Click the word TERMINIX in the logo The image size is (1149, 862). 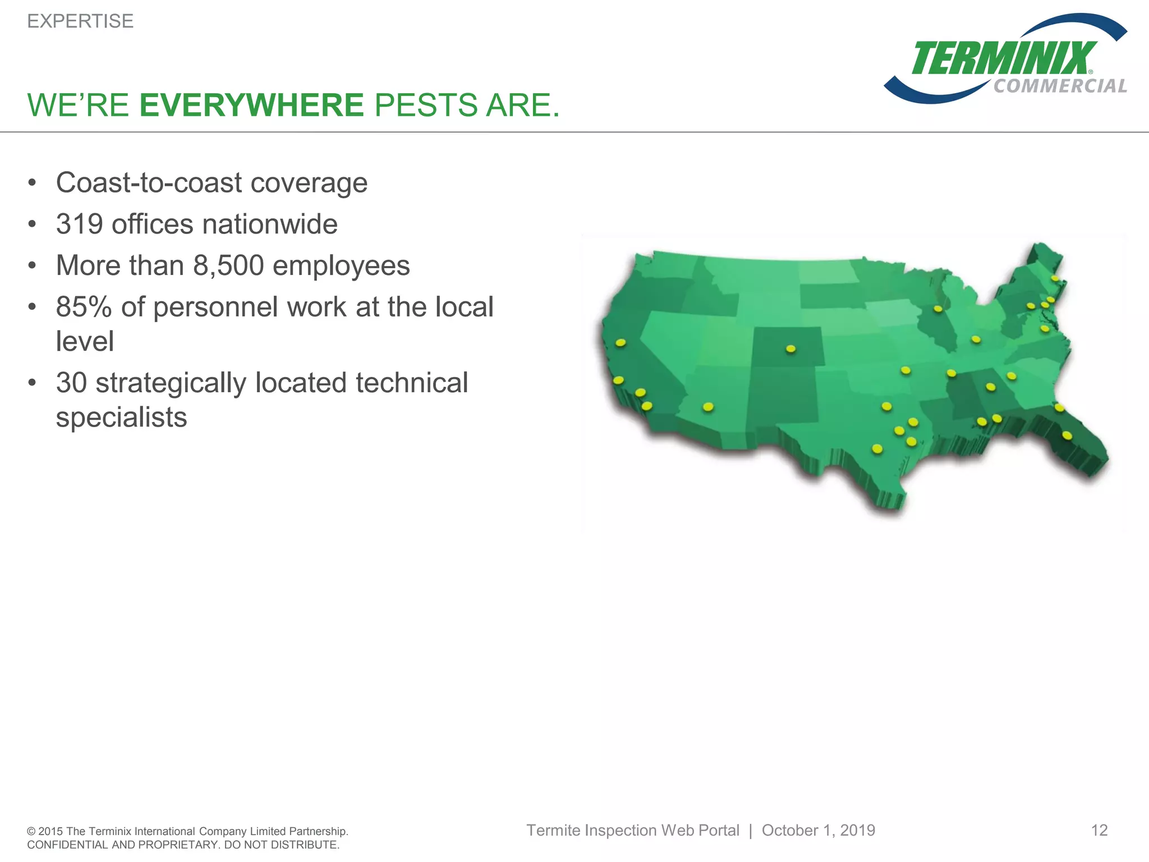[1003, 58]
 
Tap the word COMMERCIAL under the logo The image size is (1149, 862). [1060, 86]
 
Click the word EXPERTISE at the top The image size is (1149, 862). [80, 21]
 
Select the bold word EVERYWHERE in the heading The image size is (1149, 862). [252, 105]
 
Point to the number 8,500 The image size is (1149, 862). [228, 265]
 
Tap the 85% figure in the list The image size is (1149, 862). [84, 307]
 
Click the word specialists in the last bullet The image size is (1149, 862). [121, 418]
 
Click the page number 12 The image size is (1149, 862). [1099, 830]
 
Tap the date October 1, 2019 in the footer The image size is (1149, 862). [818, 830]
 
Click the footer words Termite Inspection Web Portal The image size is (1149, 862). [632, 830]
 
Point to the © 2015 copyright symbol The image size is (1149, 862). [31, 832]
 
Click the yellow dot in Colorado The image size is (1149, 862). [790, 349]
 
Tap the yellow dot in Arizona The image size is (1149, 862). [708, 406]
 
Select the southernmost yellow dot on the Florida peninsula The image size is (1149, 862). [1067, 435]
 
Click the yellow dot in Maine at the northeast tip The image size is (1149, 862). [1055, 278]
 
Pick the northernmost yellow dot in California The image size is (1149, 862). [621, 342]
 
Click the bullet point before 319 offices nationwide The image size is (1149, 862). [32, 224]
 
